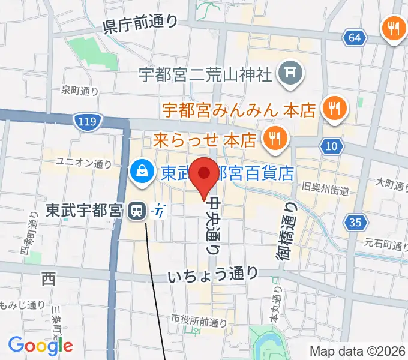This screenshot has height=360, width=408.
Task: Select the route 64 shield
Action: pyautogui.click(x=355, y=38)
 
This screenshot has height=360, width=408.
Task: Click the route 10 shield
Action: pyautogui.click(x=332, y=146)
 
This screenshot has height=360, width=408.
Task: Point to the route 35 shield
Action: pyautogui.click(x=355, y=223)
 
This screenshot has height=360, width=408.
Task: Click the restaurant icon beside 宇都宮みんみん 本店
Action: pyautogui.click(x=332, y=109)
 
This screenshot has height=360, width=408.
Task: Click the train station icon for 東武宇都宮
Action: pyautogui.click(x=137, y=211)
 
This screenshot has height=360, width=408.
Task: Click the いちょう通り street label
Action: pyautogui.click(x=213, y=275)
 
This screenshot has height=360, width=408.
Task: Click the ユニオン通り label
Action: pyautogui.click(x=83, y=162)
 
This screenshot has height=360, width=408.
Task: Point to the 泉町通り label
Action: pyautogui.click(x=80, y=91)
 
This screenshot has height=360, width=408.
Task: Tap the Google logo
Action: pyautogui.click(x=40, y=345)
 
